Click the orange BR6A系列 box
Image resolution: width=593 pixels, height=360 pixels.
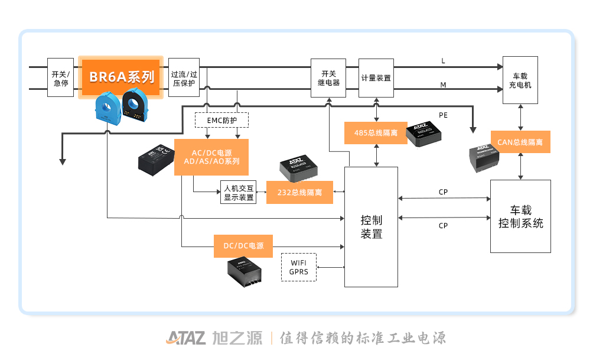[120, 77]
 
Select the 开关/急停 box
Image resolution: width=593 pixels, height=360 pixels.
[61, 77]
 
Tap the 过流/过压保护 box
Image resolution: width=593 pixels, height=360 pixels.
[183, 77]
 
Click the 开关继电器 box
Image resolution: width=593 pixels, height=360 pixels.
[326, 77]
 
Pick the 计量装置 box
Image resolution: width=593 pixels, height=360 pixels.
[376, 77]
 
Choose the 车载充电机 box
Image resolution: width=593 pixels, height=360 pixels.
[520, 80]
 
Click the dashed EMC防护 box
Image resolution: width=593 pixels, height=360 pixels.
[221, 121]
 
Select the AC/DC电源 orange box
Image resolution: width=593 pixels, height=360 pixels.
[211, 157]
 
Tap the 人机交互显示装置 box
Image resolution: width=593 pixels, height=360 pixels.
[239, 192]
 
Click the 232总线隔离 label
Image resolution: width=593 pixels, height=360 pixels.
[299, 193]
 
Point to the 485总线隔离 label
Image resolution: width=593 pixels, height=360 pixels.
[375, 132]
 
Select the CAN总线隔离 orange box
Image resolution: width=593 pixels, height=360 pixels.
[520, 142]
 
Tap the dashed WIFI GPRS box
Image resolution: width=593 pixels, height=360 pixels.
[299, 267]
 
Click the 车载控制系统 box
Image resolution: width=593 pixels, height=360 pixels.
[520, 216]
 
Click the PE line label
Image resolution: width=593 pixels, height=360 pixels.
[443, 115]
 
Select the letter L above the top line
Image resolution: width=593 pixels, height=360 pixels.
[443, 61]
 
